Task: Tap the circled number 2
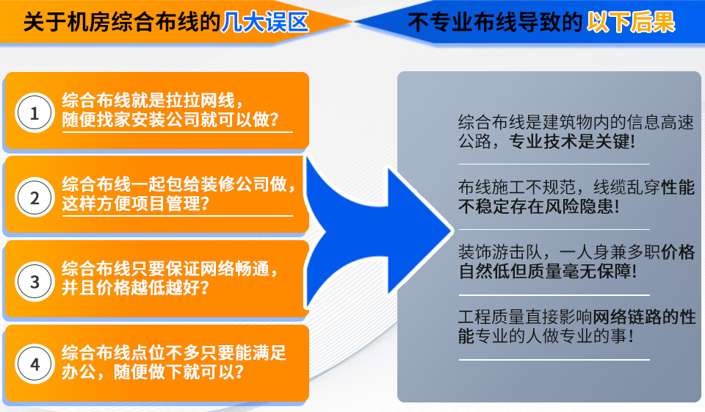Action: [x=34, y=198]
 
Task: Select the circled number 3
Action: [x=34, y=281]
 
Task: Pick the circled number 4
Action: [x=34, y=364]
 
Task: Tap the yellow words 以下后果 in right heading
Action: [x=631, y=23]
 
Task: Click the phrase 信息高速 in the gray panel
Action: [x=646, y=123]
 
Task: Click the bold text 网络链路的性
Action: [x=644, y=318]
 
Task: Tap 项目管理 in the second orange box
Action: [x=165, y=203]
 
